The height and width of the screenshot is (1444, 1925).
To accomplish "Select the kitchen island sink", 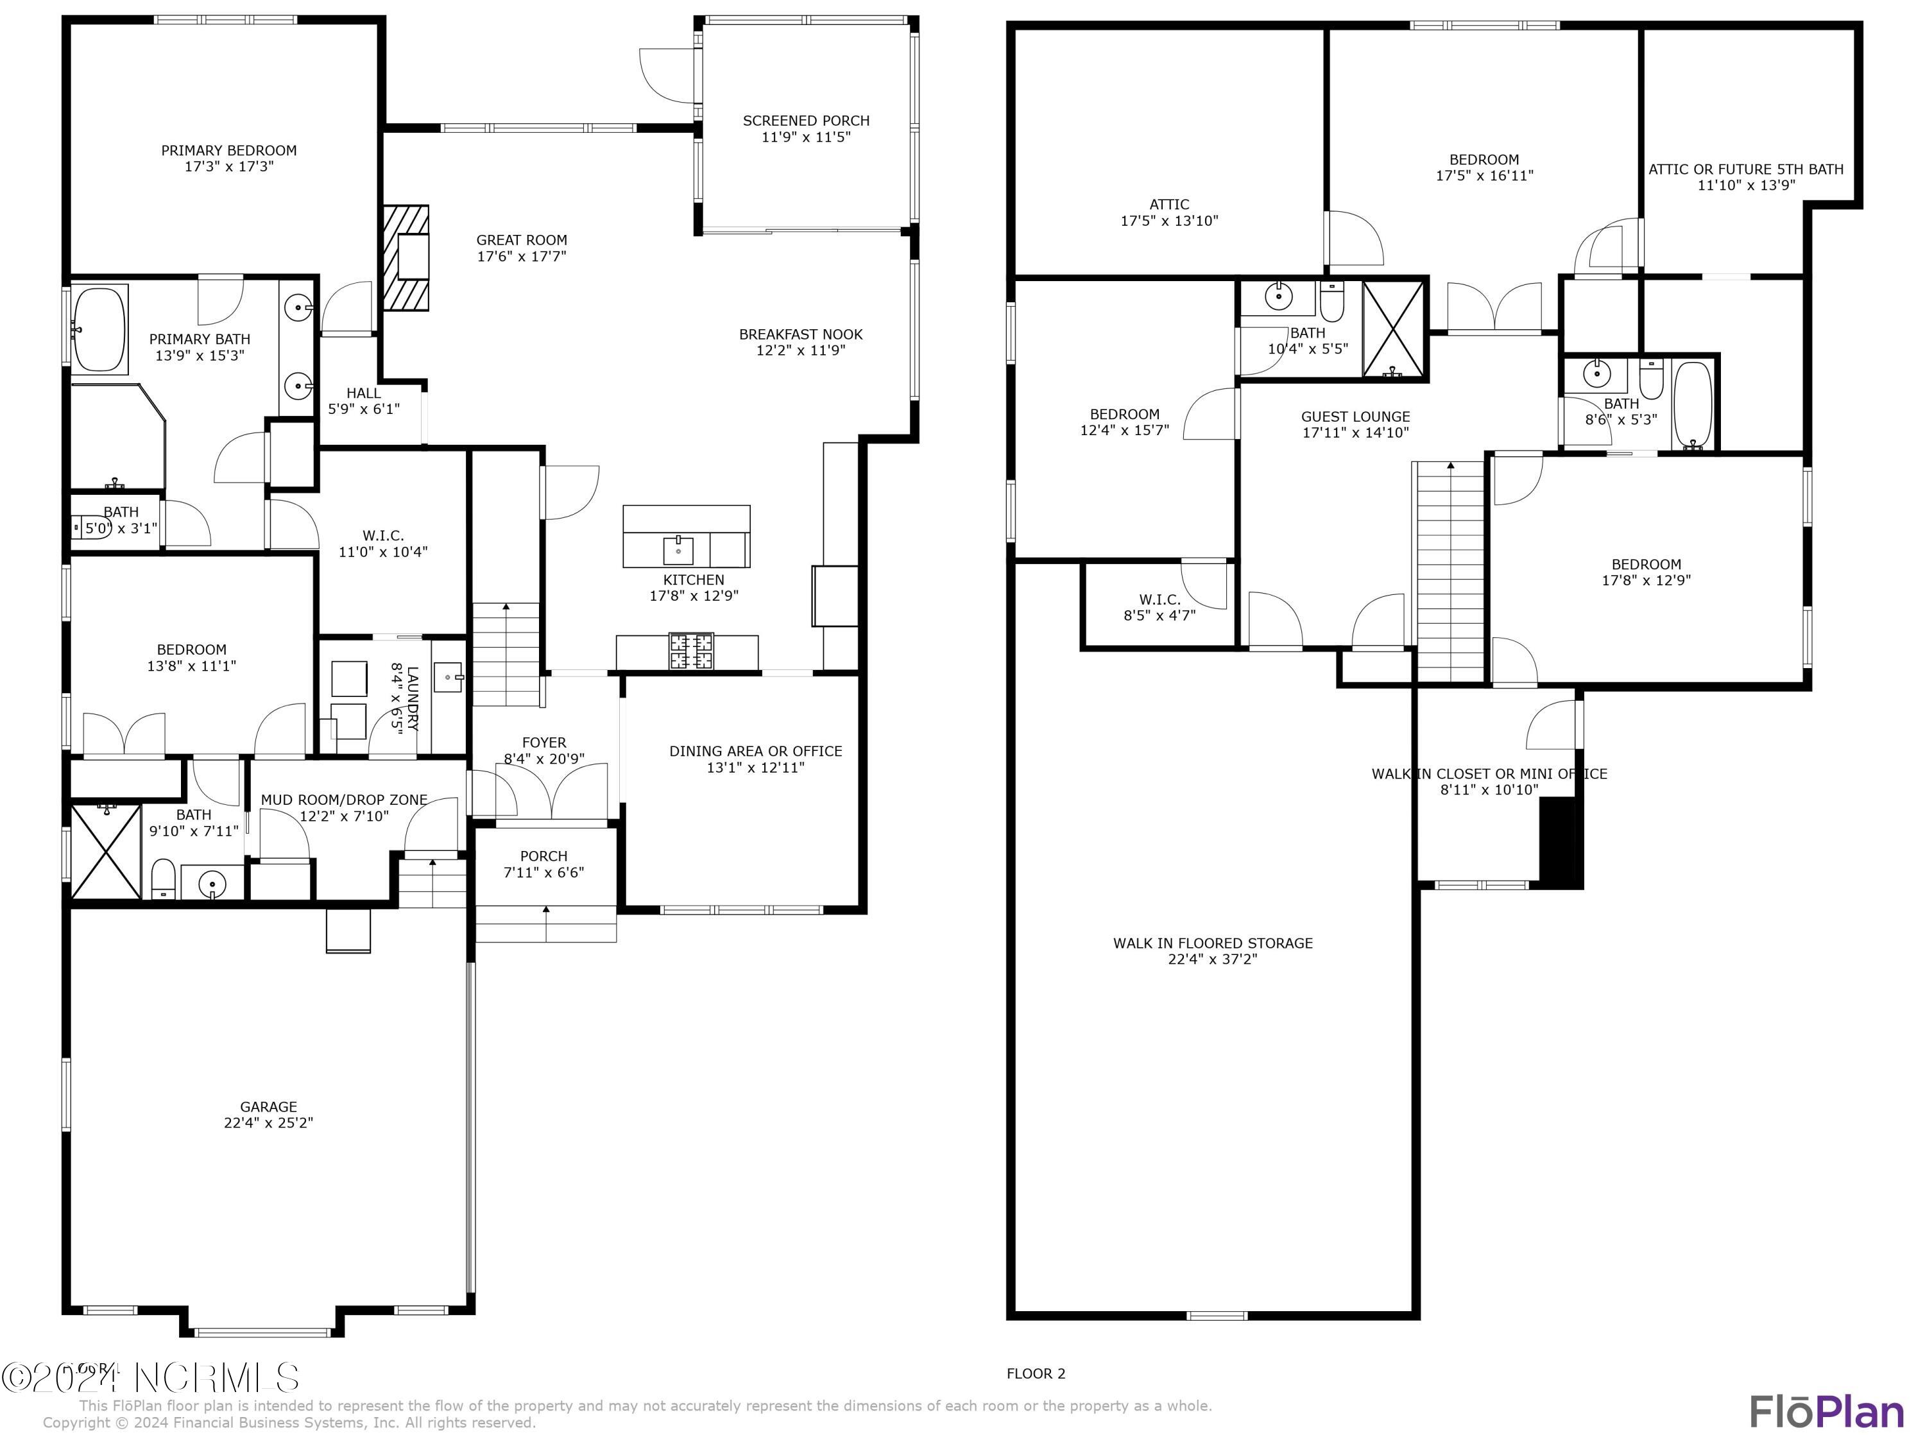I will [678, 550].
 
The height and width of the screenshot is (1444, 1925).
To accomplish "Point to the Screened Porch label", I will [806, 121].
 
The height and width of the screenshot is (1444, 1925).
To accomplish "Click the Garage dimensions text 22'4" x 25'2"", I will [268, 1123].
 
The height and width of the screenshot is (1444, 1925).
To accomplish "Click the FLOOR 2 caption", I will [1036, 1373].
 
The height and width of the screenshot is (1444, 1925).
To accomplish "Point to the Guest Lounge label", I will [1355, 417].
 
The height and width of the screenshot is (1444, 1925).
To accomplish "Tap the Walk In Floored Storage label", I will [1212, 943].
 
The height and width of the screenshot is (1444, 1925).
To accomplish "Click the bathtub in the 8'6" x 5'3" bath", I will [1693, 405].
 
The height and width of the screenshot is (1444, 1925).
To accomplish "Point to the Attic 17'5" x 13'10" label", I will [1168, 205].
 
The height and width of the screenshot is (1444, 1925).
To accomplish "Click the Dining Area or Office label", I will [755, 751].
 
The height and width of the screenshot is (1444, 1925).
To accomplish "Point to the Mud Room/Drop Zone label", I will [344, 799].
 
